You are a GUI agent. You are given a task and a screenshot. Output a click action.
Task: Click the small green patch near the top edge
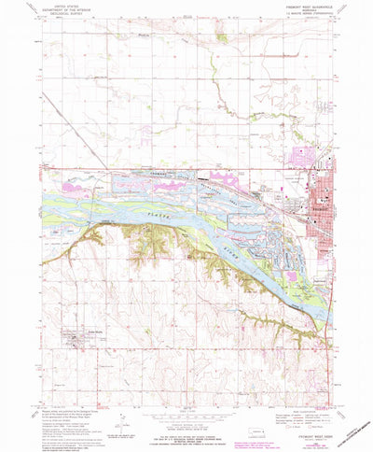tap(221, 39)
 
